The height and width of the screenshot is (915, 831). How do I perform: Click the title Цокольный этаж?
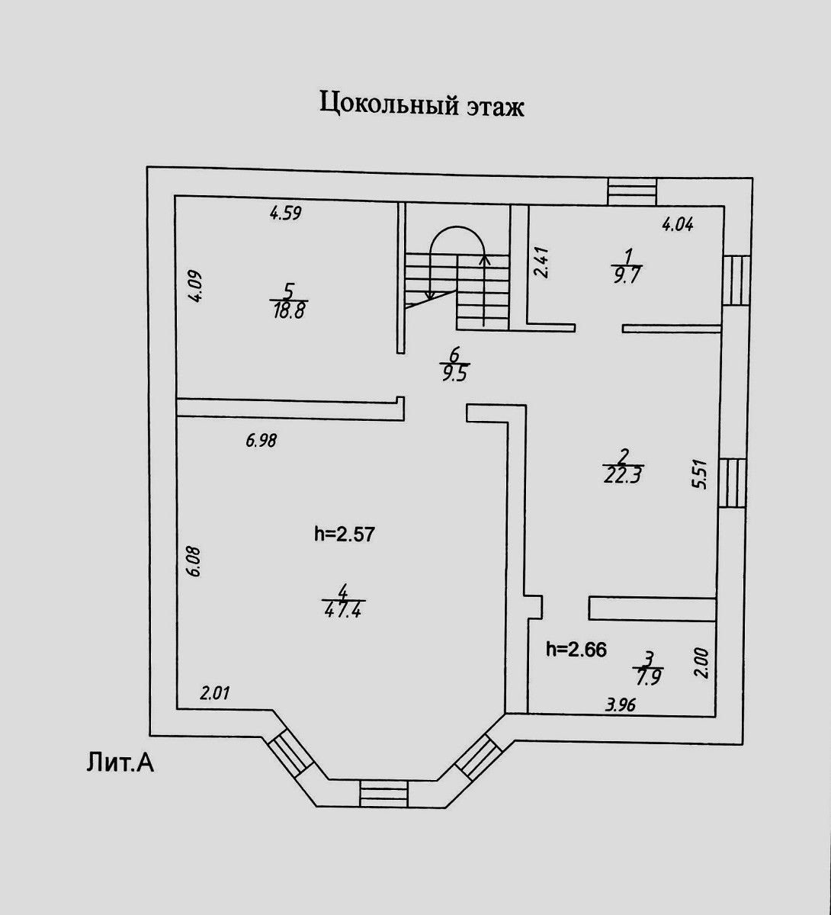(421, 104)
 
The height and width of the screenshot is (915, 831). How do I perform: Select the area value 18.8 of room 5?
(290, 310)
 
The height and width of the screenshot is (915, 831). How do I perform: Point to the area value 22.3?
(623, 476)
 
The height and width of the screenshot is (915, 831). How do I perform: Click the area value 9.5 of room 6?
(454, 373)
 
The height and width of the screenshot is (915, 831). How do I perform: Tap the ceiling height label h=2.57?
(345, 534)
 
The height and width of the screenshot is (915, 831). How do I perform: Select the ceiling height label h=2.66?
(576, 650)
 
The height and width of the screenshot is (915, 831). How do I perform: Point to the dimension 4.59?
(286, 213)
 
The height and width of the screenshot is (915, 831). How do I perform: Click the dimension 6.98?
(261, 440)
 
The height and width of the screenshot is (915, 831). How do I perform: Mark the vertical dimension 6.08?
(194, 560)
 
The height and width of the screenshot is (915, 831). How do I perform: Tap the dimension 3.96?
(620, 705)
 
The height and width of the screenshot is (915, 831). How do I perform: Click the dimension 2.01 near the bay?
(215, 694)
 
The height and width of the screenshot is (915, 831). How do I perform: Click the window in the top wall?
(632, 191)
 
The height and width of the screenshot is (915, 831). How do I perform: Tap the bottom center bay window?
(384, 792)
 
